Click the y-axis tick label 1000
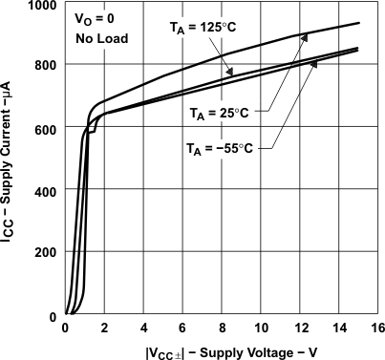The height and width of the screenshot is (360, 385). click(41, 6)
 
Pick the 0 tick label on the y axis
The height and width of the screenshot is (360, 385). click(53, 316)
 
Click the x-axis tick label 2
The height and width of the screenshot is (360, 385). click(104, 329)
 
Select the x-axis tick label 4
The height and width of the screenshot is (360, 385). click(143, 329)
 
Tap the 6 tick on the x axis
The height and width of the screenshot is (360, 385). click(182, 329)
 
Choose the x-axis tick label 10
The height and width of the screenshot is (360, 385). click(261, 329)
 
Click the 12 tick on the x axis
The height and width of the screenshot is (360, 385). click(300, 329)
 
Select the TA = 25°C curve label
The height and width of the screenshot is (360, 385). click(218, 114)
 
